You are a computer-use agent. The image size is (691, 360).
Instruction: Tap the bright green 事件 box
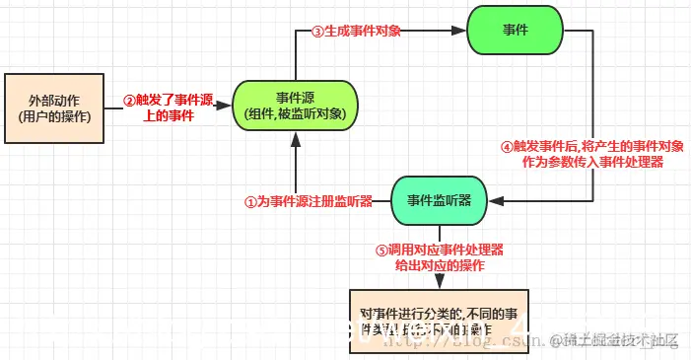[515, 31]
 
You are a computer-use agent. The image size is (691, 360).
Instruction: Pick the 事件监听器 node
[440, 200]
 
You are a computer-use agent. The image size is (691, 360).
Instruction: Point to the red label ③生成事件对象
[356, 32]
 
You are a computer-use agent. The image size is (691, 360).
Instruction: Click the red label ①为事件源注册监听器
[309, 200]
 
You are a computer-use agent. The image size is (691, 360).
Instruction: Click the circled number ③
[317, 32]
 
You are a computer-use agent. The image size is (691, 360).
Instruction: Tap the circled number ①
[250, 200]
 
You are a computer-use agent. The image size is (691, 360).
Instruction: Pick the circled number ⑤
[383, 251]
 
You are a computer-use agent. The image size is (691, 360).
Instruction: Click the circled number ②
[128, 101]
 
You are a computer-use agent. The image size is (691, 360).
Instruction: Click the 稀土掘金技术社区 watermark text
[621, 340]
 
